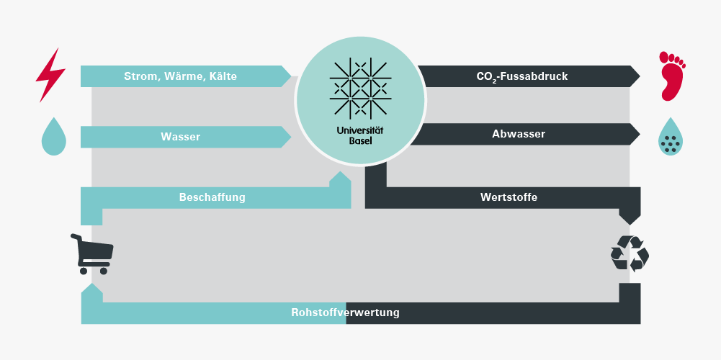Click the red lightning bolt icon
tap(51, 75)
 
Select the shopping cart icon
tap(91, 253)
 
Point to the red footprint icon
tap(671, 75)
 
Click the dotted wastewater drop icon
tap(671, 137)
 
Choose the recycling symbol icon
tap(630, 253)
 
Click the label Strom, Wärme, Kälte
tap(180, 76)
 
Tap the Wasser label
tap(180, 136)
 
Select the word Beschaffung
tap(212, 197)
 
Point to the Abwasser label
tap(519, 134)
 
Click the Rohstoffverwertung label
tap(345, 313)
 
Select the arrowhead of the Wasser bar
tap(286, 136)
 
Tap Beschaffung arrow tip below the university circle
tap(340, 178)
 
